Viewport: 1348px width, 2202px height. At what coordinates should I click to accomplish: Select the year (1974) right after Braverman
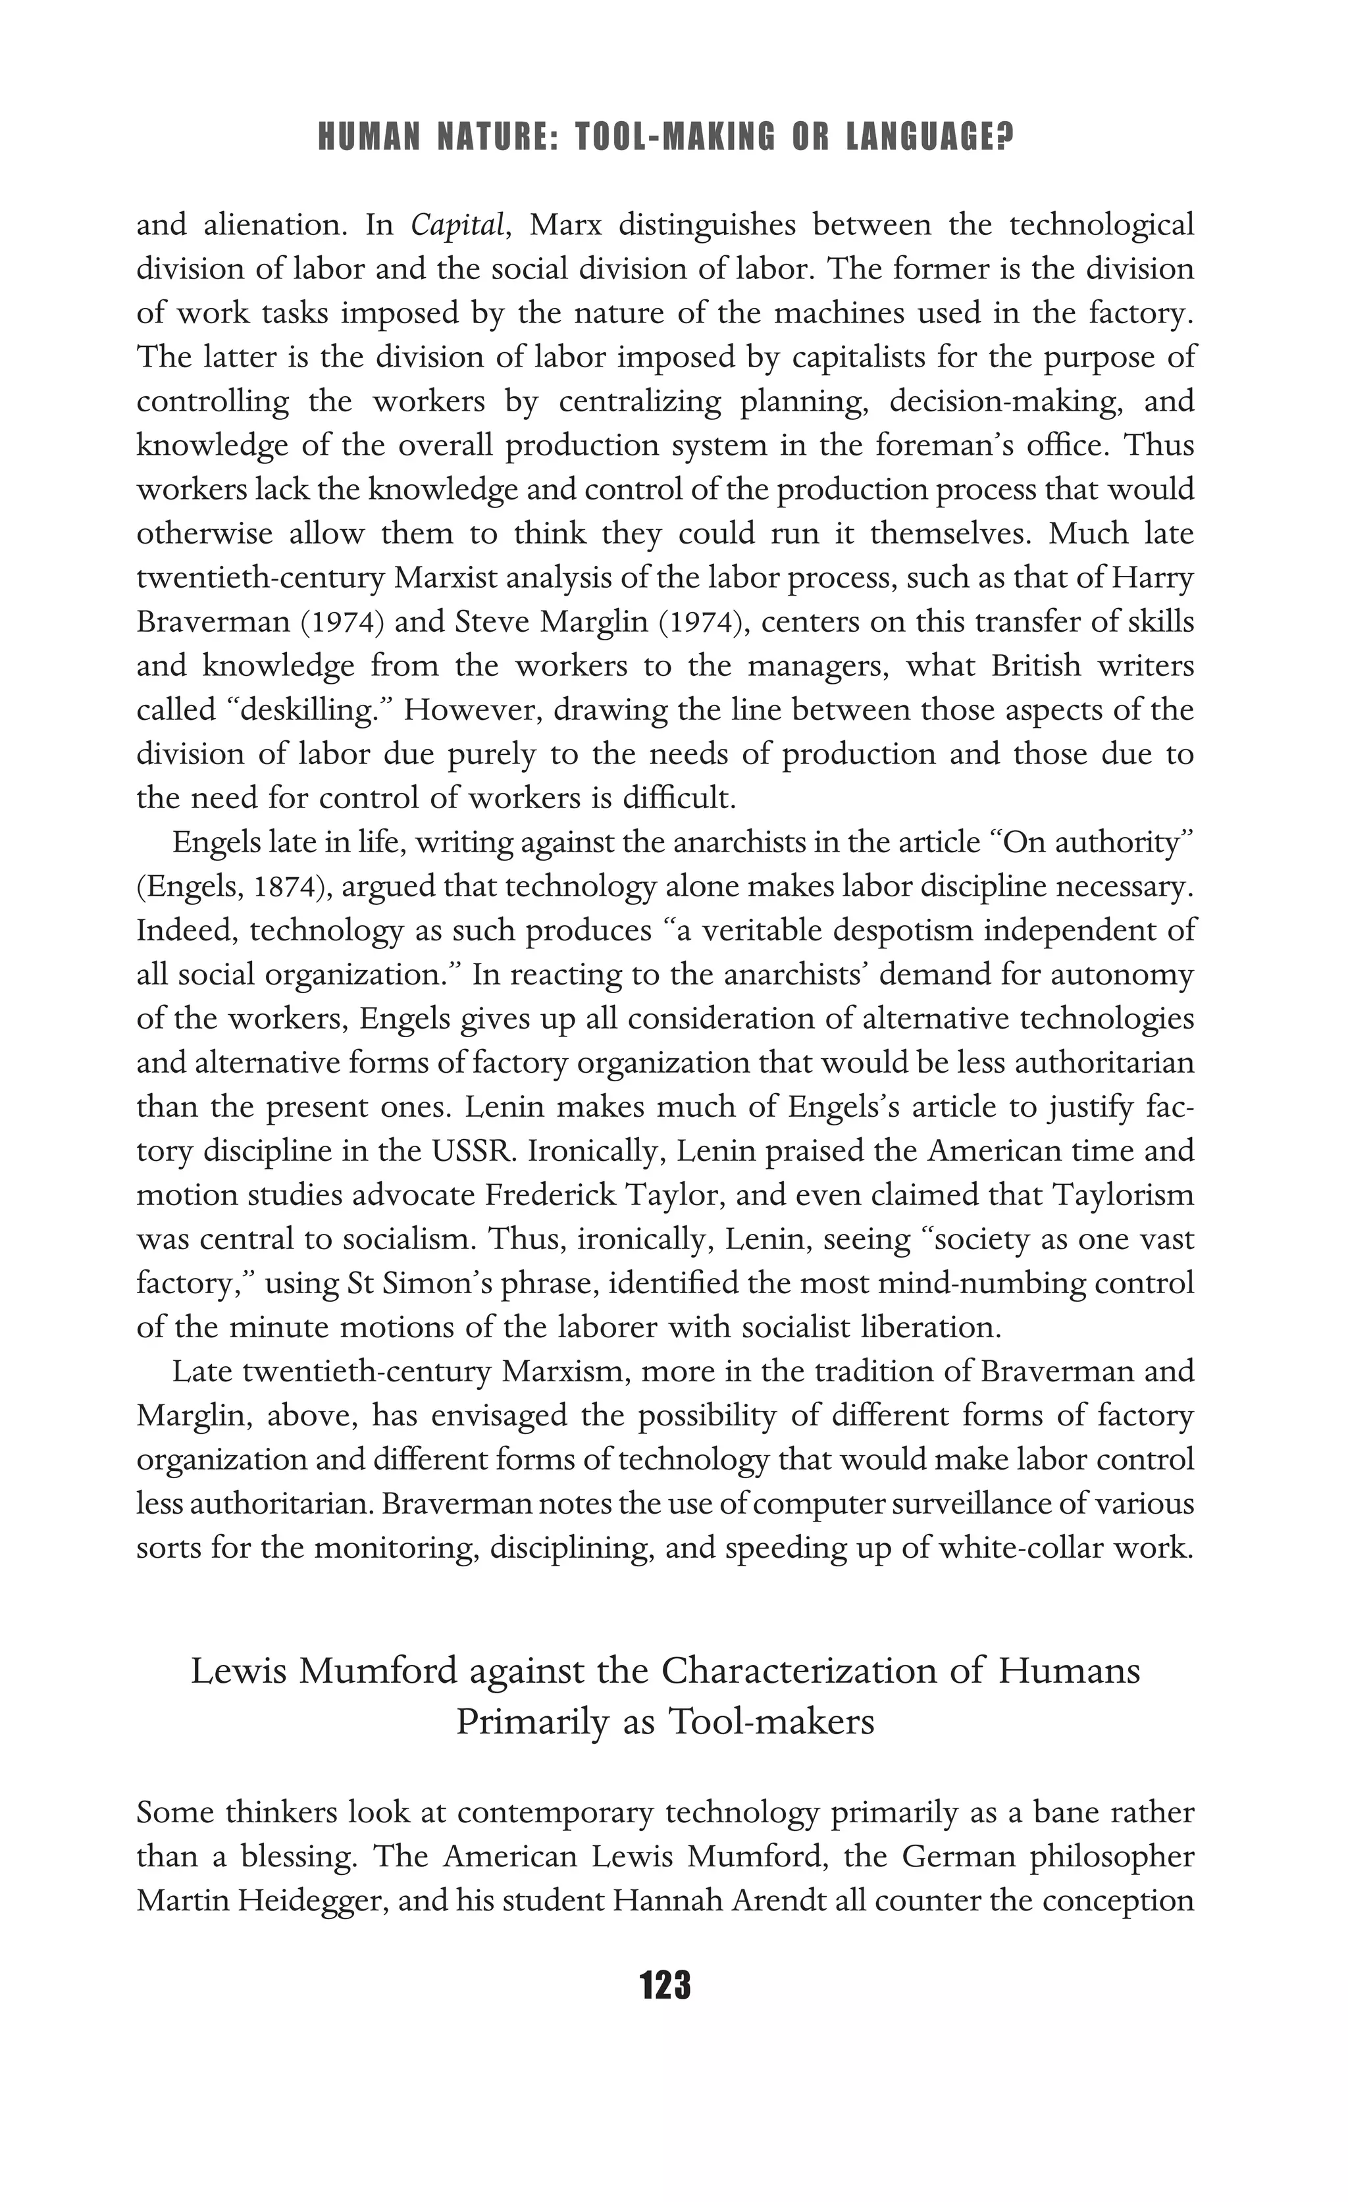tap(344, 621)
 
